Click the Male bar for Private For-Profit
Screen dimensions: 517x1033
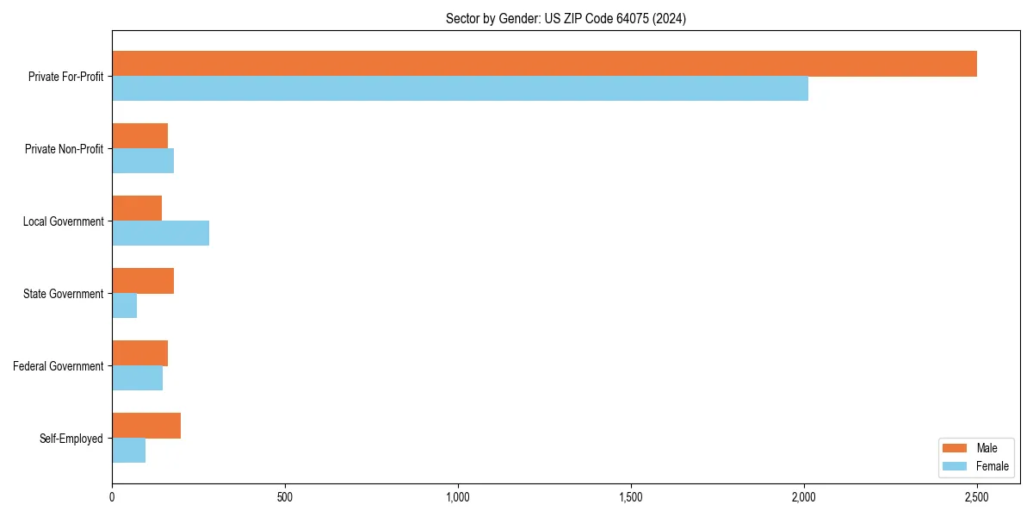[x=544, y=64]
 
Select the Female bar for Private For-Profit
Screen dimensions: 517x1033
[x=460, y=89]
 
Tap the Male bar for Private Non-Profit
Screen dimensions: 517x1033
[x=139, y=136]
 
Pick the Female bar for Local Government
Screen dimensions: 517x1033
[x=160, y=234]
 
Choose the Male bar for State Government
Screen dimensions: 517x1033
[x=143, y=281]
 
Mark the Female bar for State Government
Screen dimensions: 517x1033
[x=124, y=306]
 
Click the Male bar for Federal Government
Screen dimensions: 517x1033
[x=139, y=353]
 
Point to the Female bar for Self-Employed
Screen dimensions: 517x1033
[x=128, y=451]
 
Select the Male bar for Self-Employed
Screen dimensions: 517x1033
[x=146, y=426]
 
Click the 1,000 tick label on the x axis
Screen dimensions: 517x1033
[x=458, y=497]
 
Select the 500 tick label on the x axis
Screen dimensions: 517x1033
[x=285, y=497]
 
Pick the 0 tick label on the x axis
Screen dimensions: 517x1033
[x=112, y=497]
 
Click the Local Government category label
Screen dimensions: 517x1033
[x=63, y=221]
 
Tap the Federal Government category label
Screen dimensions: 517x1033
[x=58, y=366]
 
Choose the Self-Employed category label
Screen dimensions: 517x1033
[x=71, y=439]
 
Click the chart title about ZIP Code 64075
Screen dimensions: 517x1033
[x=566, y=18]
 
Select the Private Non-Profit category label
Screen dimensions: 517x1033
[x=64, y=149]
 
